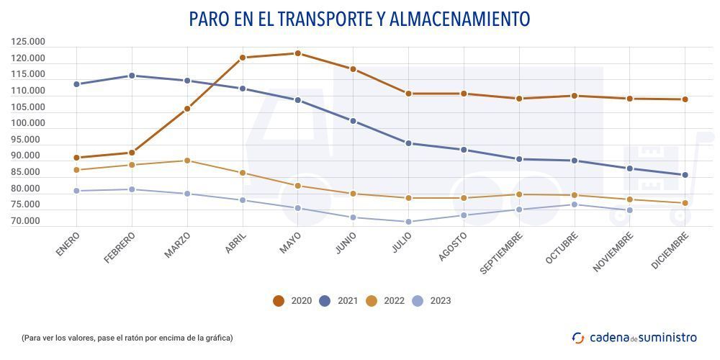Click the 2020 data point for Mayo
point(297,53)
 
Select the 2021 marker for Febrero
point(132,76)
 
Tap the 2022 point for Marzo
point(187,161)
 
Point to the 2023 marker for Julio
point(408,222)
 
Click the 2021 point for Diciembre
point(685,175)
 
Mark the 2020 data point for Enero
point(76,158)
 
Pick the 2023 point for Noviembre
point(629,210)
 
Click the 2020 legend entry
point(292,301)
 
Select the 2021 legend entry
point(338,301)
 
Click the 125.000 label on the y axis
point(28,42)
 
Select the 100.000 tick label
point(28,123)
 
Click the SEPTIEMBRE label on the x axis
point(502,252)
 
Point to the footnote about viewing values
point(127,338)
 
